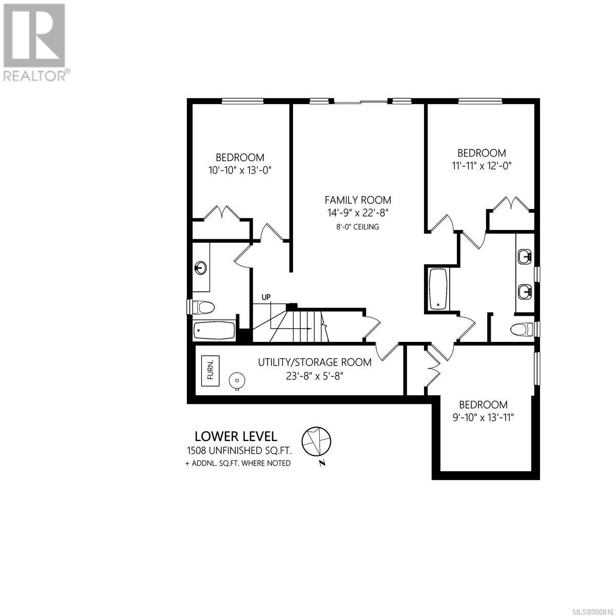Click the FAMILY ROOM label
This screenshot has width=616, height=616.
pyautogui.click(x=358, y=200)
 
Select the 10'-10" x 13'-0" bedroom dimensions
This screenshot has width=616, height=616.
pyautogui.click(x=240, y=170)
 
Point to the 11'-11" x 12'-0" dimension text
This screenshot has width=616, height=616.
pyautogui.click(x=482, y=166)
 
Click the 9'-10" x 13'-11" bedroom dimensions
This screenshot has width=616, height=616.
pyautogui.click(x=483, y=417)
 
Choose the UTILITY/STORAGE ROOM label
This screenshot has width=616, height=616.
pyautogui.click(x=315, y=362)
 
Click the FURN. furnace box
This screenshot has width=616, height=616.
pyautogui.click(x=210, y=371)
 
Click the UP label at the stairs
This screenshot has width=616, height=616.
pyautogui.click(x=266, y=297)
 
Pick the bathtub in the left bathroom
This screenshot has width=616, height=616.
pyautogui.click(x=215, y=331)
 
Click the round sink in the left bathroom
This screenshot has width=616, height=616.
pyautogui.click(x=200, y=267)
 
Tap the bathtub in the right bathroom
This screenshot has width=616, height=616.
pyautogui.click(x=438, y=290)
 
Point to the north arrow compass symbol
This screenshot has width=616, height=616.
pyautogui.click(x=316, y=441)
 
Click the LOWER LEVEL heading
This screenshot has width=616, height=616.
pyautogui.click(x=236, y=436)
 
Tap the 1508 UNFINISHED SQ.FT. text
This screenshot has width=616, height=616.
pyautogui.click(x=239, y=451)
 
